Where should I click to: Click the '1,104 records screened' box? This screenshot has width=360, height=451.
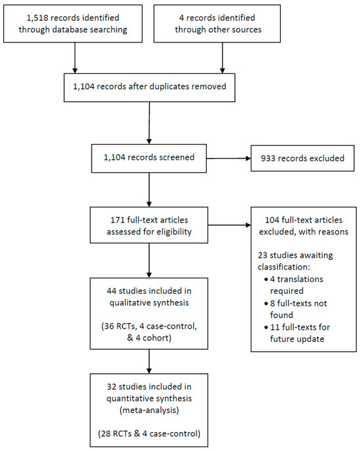pyautogui.click(x=150, y=158)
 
